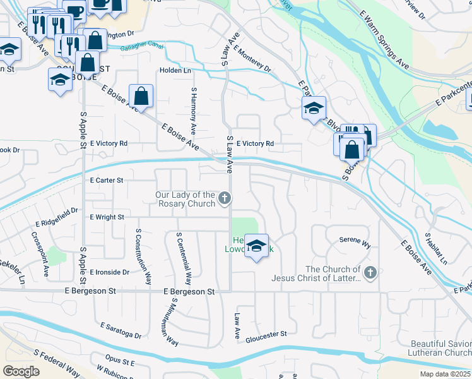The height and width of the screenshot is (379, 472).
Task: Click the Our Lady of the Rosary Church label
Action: (185, 199)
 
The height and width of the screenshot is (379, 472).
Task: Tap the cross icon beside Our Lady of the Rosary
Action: (224, 200)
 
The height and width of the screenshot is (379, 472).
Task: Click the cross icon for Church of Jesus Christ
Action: (370, 273)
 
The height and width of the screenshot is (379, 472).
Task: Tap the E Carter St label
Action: (106, 180)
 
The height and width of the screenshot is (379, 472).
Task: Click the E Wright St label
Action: (107, 217)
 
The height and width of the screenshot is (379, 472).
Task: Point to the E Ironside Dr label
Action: (109, 272)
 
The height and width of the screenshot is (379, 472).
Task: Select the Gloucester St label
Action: (266, 333)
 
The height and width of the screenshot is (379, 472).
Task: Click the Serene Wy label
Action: (355, 241)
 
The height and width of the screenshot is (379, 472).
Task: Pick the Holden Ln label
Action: (175, 71)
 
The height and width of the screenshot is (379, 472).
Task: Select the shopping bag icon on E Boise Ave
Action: (141, 96)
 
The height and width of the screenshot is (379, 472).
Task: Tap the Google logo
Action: (21, 371)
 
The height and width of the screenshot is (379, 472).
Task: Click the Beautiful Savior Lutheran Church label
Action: (439, 347)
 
